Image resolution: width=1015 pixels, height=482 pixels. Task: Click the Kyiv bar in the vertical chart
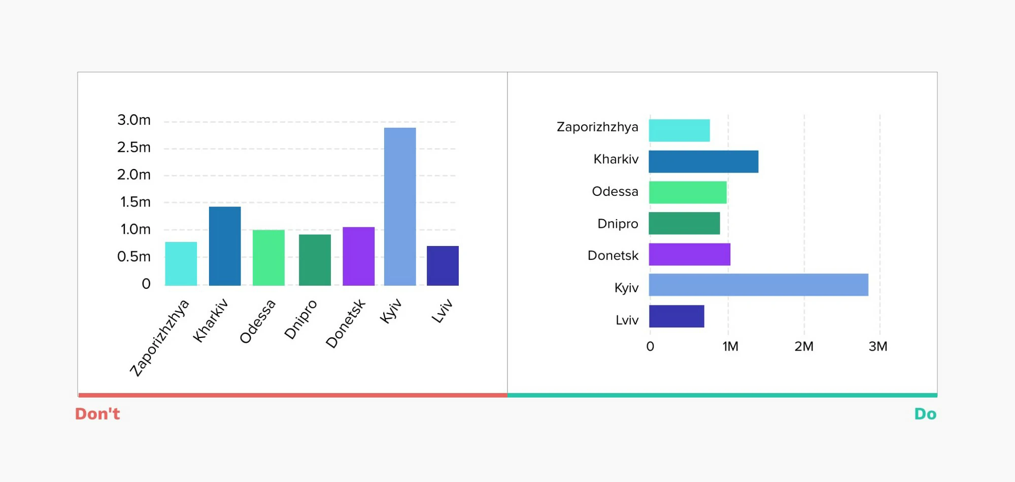pyautogui.click(x=400, y=206)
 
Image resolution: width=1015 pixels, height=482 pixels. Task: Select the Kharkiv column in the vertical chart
pyautogui.click(x=225, y=246)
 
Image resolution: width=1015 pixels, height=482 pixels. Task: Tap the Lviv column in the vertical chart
pyautogui.click(x=443, y=266)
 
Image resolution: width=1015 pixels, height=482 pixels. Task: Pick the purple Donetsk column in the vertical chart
pyautogui.click(x=358, y=256)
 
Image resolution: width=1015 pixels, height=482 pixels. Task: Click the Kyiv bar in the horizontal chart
pyautogui.click(x=758, y=285)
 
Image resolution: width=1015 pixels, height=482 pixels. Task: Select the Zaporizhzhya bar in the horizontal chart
pyautogui.click(x=679, y=130)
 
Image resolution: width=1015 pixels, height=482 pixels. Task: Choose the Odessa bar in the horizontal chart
pyautogui.click(x=688, y=192)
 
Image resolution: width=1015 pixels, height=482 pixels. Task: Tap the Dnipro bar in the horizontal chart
pyautogui.click(x=684, y=223)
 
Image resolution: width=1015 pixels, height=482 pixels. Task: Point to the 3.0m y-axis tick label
pyautogui.click(x=134, y=120)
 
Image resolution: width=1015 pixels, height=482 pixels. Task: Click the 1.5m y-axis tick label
pyautogui.click(x=136, y=202)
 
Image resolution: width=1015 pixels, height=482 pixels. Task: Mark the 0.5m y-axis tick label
pyautogui.click(x=134, y=257)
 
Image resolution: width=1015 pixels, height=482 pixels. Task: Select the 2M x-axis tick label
pyautogui.click(x=804, y=347)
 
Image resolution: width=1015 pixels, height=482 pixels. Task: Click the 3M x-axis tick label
pyautogui.click(x=878, y=347)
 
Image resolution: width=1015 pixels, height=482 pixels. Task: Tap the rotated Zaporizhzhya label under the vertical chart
pyautogui.click(x=159, y=338)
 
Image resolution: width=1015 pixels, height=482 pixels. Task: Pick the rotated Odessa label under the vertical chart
pyautogui.click(x=258, y=321)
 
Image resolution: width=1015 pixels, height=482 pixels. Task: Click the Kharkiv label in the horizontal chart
pyautogui.click(x=616, y=159)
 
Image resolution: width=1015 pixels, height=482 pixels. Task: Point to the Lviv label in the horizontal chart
pyautogui.click(x=627, y=320)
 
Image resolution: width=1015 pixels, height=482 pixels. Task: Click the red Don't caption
pyautogui.click(x=97, y=414)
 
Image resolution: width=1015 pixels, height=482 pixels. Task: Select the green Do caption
pyautogui.click(x=925, y=414)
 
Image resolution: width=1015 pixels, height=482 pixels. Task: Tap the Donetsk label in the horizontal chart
pyautogui.click(x=613, y=255)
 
